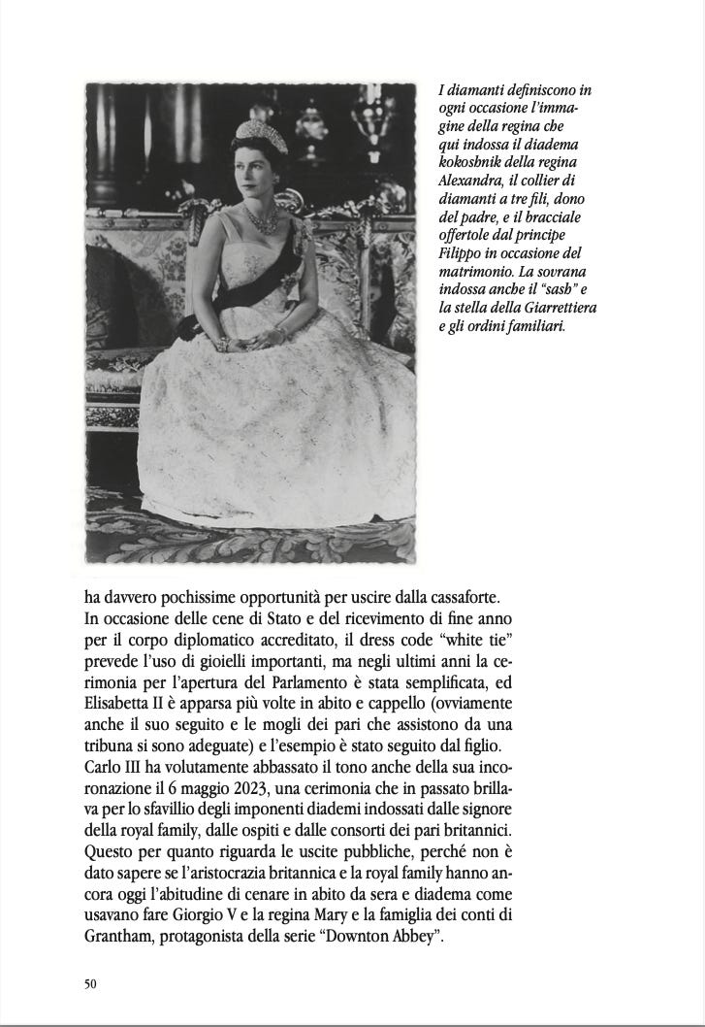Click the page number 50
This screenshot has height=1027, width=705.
91,983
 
